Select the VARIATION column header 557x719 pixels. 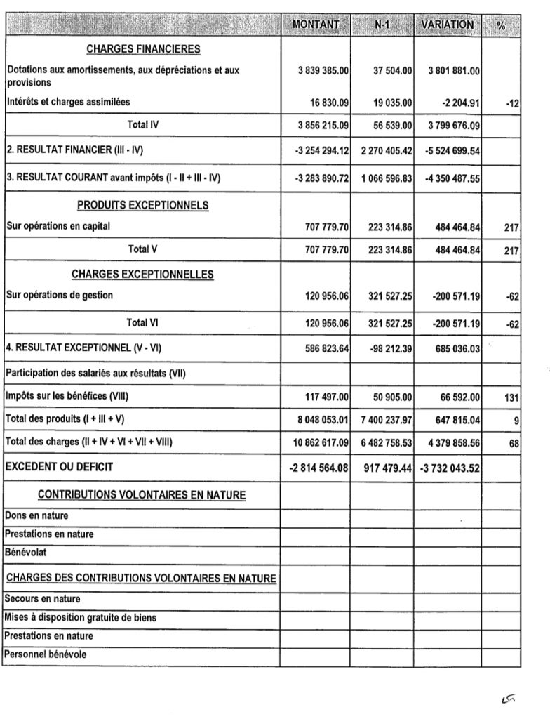click(x=447, y=25)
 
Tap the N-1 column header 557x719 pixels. click(x=382, y=25)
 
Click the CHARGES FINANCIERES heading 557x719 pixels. click(x=143, y=49)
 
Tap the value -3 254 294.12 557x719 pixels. click(x=323, y=150)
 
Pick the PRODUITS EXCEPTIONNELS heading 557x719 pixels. click(x=142, y=205)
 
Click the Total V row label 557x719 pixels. click(x=143, y=249)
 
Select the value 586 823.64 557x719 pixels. click(x=326, y=348)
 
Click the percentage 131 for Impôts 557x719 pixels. click(x=511, y=397)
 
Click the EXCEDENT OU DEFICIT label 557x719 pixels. click(x=59, y=466)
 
